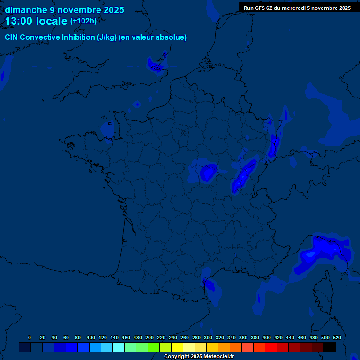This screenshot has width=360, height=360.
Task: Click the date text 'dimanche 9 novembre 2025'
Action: pyautogui.click(x=65, y=10)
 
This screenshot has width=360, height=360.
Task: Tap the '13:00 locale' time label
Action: pyautogui.click(x=36, y=22)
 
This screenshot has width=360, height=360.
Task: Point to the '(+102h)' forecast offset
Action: pyautogui.click(x=83, y=21)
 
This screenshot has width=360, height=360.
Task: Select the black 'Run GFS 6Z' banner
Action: pyautogui.click(x=297, y=8)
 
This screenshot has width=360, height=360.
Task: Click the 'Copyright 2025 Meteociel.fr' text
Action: pyautogui.click(x=199, y=356)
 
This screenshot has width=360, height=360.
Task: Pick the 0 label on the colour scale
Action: pyautogui.click(x=30, y=337)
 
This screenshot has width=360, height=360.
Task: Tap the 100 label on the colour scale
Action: pyautogui.click(x=91, y=337)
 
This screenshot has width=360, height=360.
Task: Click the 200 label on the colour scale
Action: pyautogui.click(x=150, y=337)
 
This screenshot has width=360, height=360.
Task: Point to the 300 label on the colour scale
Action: pyautogui.click(x=208, y=337)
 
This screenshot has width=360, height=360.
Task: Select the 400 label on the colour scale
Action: pyautogui.click(x=267, y=337)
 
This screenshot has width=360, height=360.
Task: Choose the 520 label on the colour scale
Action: pyautogui.click(x=337, y=337)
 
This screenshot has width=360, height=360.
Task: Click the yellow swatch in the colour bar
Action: pyautogui.click(x=177, y=347)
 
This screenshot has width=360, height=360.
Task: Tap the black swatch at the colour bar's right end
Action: pyautogui.click(x=330, y=347)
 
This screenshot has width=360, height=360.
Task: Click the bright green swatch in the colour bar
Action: pyautogui.click(x=154, y=347)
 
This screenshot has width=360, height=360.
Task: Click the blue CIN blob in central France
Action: pyautogui.click(x=207, y=173)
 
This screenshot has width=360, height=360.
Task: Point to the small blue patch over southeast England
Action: pyautogui.click(x=156, y=65)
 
